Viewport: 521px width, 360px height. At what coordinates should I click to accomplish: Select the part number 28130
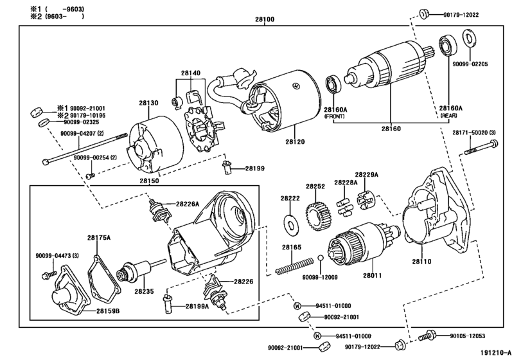click(x=148, y=103)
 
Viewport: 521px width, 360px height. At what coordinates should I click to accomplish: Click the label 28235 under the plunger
click(x=145, y=291)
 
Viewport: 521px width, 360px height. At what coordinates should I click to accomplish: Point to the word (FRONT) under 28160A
click(x=335, y=117)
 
